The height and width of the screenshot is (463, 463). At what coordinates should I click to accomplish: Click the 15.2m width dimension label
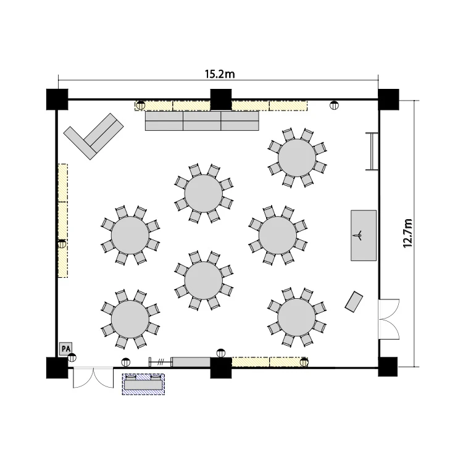click(220, 74)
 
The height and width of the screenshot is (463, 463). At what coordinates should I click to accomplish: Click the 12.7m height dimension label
click(407, 233)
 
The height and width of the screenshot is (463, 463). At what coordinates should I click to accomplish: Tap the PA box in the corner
click(65, 349)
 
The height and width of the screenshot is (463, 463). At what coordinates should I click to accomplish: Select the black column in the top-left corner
click(57, 99)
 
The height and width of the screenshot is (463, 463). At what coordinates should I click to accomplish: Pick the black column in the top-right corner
click(388, 99)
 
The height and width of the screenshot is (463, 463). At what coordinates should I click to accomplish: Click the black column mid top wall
click(221, 99)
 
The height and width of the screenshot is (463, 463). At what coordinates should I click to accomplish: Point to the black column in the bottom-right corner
click(388, 367)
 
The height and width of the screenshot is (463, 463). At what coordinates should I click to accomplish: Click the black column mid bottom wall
click(221, 368)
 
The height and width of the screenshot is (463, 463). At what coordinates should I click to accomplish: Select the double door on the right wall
click(389, 319)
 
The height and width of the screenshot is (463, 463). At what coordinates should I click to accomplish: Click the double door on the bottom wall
click(93, 378)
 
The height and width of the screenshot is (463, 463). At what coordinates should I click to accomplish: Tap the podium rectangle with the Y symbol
click(364, 235)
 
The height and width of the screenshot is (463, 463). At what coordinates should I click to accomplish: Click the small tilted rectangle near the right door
click(354, 301)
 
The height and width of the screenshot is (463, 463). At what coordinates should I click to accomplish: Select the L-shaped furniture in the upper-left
click(93, 136)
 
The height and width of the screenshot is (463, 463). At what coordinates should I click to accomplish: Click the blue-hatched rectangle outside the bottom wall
click(143, 384)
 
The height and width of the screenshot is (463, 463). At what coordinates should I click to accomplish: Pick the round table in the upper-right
click(297, 157)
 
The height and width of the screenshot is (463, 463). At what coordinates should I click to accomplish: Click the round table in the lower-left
click(130, 319)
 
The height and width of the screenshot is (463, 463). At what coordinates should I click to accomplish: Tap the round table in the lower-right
click(296, 317)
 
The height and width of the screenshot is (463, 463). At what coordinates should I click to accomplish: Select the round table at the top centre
click(204, 193)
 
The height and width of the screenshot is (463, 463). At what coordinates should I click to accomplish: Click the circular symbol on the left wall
click(62, 244)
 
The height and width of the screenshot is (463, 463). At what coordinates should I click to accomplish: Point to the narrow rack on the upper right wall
click(372, 151)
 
